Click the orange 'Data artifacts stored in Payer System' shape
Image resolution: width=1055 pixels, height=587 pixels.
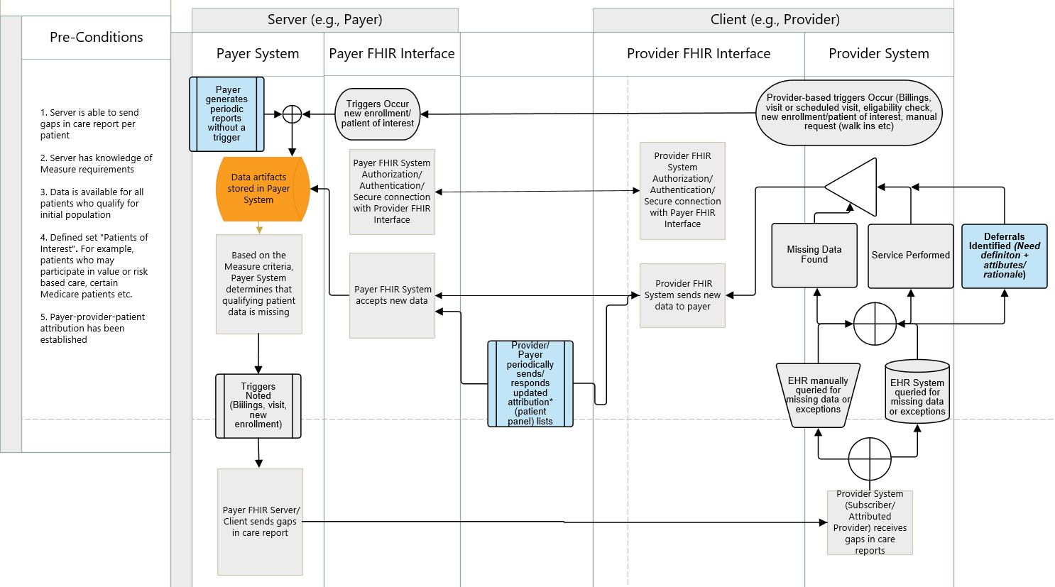click(x=261, y=189)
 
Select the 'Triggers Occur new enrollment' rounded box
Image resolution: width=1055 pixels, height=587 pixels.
click(x=377, y=114)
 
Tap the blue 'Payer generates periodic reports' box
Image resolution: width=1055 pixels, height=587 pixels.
click(x=226, y=114)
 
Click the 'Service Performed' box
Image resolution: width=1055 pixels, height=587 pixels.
click(x=910, y=256)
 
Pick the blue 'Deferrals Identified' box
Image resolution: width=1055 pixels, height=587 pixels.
click(x=1004, y=256)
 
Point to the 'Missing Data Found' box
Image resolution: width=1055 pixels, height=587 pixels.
click(x=814, y=256)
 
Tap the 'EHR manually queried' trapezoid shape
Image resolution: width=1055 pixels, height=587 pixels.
click(x=818, y=395)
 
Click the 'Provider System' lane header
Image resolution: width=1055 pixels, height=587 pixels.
click(x=878, y=54)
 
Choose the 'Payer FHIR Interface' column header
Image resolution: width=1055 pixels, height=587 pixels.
click(x=392, y=54)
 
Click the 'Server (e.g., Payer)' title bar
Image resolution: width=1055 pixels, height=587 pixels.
click(x=324, y=20)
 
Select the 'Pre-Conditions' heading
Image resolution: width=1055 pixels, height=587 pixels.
click(x=96, y=38)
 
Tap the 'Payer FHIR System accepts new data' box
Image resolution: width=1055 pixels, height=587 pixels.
click(x=392, y=295)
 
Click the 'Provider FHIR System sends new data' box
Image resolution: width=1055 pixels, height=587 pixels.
click(x=682, y=295)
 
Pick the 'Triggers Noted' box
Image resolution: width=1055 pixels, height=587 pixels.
click(x=258, y=405)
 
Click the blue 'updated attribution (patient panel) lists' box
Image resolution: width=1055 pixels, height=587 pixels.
click(x=530, y=383)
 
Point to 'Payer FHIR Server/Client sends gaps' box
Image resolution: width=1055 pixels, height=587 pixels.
click(x=260, y=522)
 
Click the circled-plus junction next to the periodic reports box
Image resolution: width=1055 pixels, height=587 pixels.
click(x=292, y=114)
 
